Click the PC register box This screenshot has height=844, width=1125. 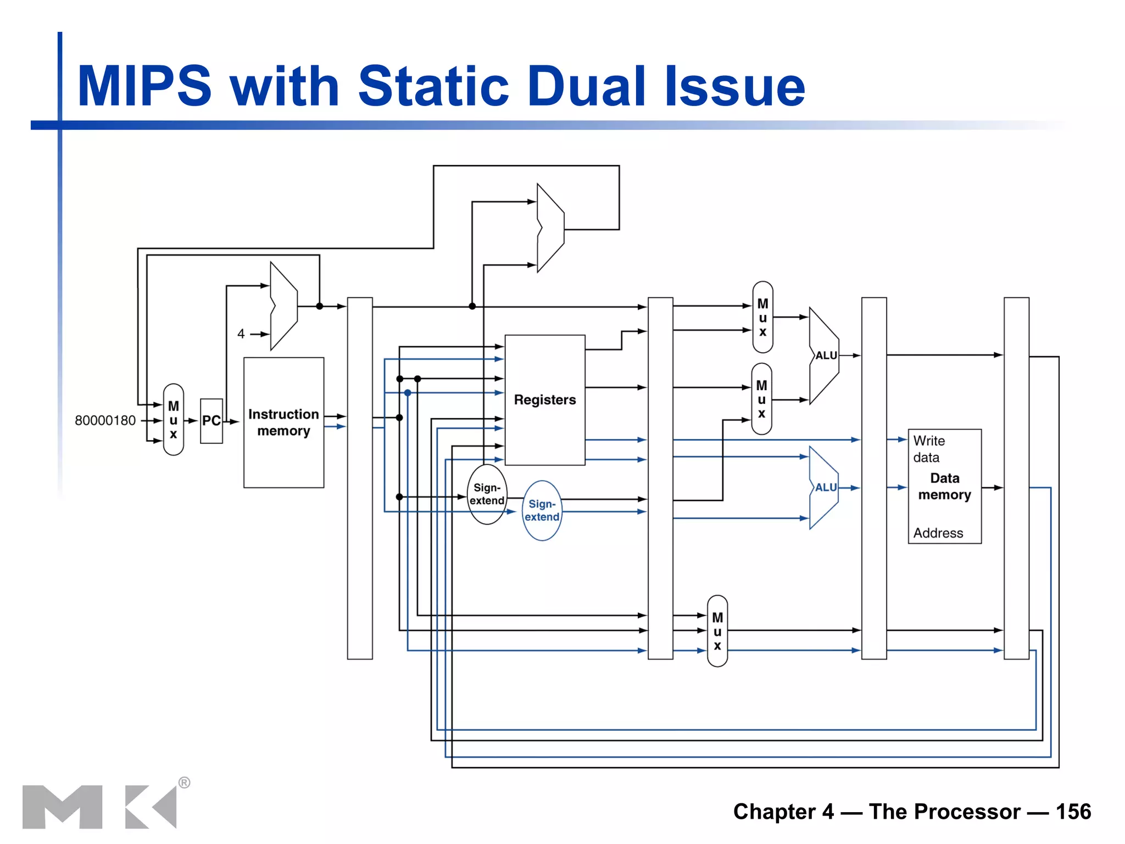pos(211,421)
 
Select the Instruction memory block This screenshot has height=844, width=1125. pos(283,422)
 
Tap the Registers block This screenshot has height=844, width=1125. pos(544,400)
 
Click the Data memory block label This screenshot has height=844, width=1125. pos(944,487)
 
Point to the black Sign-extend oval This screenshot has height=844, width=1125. pos(487,494)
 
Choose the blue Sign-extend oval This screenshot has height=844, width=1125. pos(542,510)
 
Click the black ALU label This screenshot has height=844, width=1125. pos(826,356)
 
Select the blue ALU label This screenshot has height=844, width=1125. pos(826,487)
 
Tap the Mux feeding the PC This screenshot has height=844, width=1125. pos(174,420)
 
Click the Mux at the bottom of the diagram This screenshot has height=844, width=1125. pos(717,631)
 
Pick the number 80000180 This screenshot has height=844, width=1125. pos(105,420)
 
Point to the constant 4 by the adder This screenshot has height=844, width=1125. pos(241,334)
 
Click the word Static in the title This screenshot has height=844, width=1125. pos(433,86)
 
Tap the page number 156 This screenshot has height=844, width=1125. pos(1073,812)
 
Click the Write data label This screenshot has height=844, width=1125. pos(928,449)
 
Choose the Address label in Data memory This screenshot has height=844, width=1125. pos(938,533)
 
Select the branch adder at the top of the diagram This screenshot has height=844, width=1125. pos(550,228)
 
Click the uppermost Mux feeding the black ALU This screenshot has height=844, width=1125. pos(762,317)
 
